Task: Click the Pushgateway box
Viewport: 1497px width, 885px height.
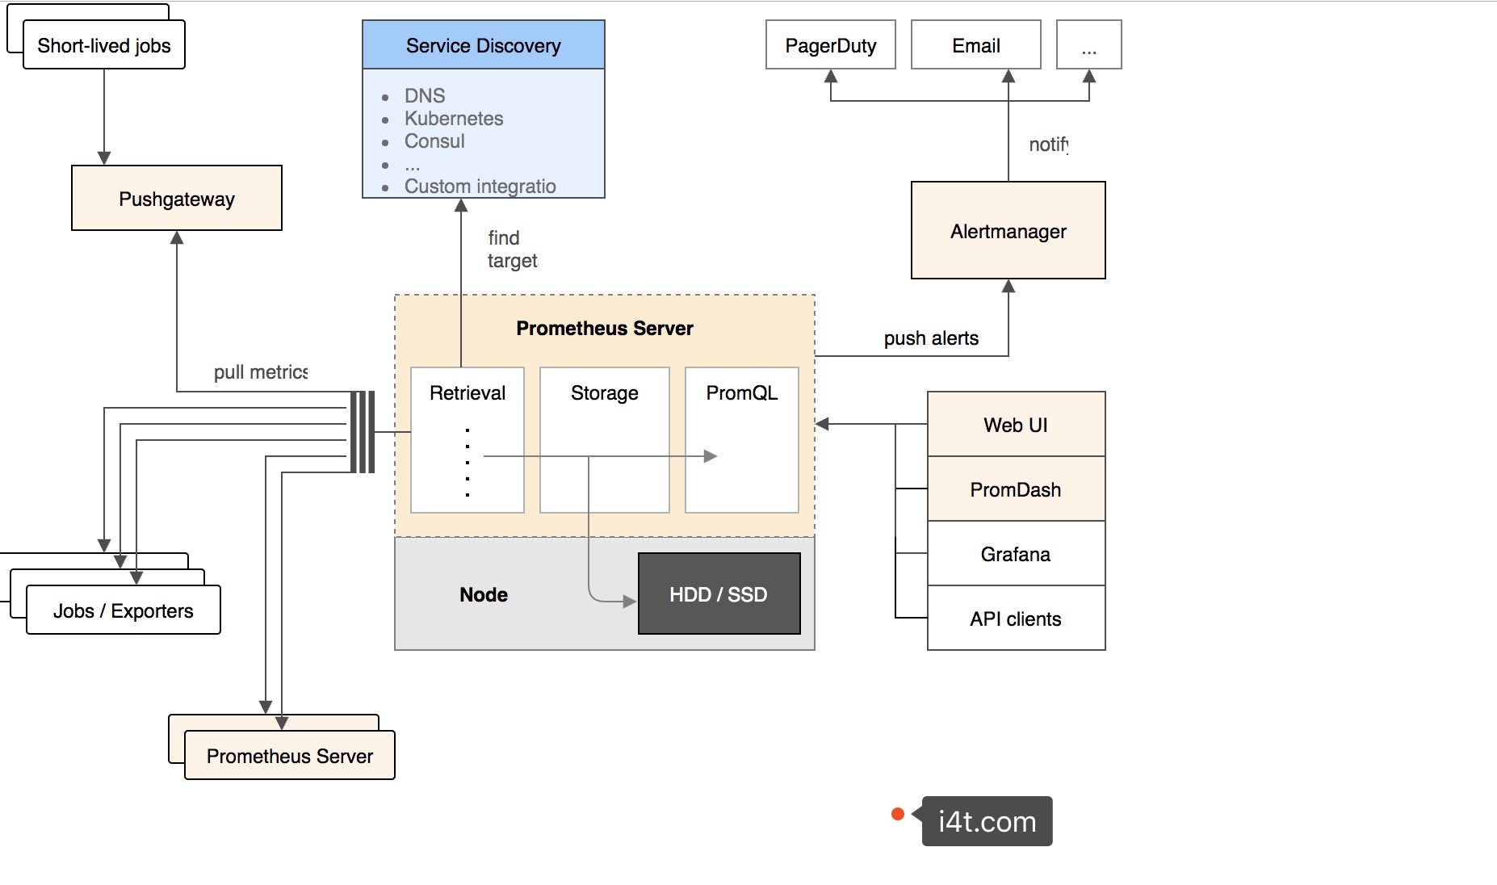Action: coord(176,199)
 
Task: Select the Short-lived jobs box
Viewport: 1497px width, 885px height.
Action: coord(104,45)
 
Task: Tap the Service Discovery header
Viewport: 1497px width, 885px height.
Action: coord(483,45)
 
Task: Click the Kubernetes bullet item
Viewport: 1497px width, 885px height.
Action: coord(454,119)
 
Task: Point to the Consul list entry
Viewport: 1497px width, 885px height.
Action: coord(434,141)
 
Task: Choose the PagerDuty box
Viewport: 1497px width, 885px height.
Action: coord(830,45)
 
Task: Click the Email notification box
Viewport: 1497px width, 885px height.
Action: coord(975,45)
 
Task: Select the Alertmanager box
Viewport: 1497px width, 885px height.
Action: coord(1008,231)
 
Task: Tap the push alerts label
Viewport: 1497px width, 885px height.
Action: coord(931,338)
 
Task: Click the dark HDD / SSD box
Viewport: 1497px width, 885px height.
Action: coord(719,594)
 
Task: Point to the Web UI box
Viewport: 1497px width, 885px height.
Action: coord(1016,425)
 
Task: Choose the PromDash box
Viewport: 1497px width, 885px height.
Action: coord(1016,489)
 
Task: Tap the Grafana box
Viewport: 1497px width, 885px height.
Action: coord(1016,554)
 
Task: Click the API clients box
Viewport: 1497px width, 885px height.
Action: coord(1016,619)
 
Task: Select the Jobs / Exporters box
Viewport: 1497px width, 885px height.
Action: coord(124,610)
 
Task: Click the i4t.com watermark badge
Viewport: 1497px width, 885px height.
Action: coord(987,821)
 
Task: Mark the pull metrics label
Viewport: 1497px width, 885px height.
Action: coord(260,372)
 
